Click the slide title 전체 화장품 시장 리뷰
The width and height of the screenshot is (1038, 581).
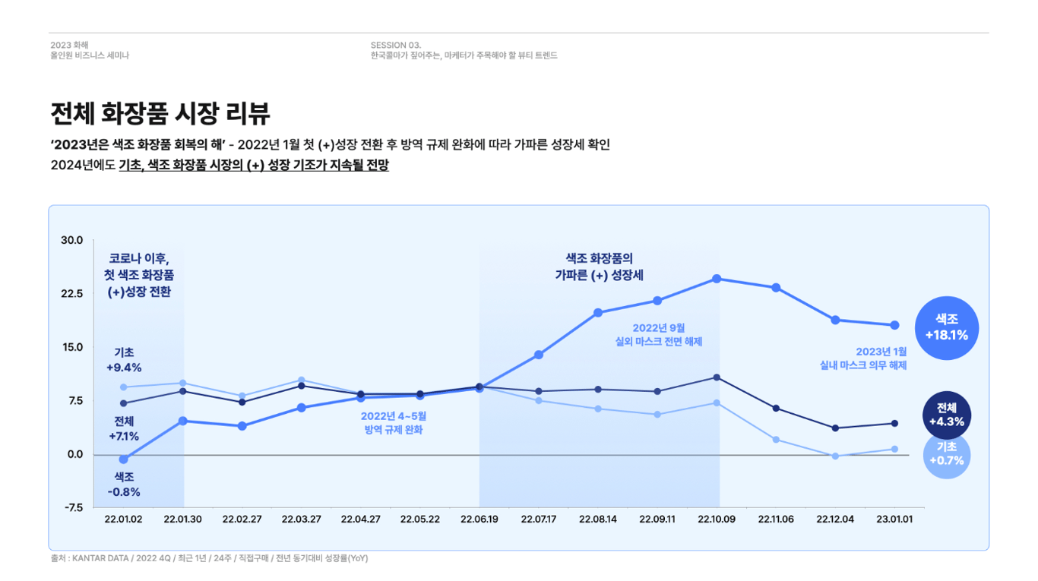pyautogui.click(x=160, y=114)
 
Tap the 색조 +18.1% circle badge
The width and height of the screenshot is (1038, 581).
pyautogui.click(x=946, y=327)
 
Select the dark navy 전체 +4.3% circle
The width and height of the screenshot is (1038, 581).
pyautogui.click(x=946, y=415)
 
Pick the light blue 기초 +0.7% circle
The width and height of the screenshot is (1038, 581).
pyautogui.click(x=946, y=454)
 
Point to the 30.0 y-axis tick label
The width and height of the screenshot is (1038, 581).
pyautogui.click(x=71, y=241)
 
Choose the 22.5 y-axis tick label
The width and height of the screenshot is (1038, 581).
pyautogui.click(x=71, y=294)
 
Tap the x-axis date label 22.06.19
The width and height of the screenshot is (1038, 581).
pyautogui.click(x=479, y=519)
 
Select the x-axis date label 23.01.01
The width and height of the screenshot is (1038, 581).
pyautogui.click(x=894, y=519)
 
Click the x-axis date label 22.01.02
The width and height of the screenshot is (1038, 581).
pyautogui.click(x=123, y=519)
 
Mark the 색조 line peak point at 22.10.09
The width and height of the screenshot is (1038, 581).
pyautogui.click(x=717, y=279)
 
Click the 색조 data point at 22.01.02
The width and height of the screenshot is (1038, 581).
pyautogui.click(x=124, y=459)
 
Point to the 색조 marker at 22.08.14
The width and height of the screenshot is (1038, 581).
pyautogui.click(x=598, y=313)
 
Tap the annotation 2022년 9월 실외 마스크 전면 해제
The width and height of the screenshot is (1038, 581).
pyautogui.click(x=658, y=334)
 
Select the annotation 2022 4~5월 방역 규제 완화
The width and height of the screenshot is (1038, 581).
pyautogui.click(x=393, y=423)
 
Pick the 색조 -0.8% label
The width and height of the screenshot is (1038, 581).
pyautogui.click(x=124, y=485)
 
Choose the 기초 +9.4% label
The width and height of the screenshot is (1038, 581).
pyautogui.click(x=124, y=360)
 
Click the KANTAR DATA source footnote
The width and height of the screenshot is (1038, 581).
pyautogui.click(x=209, y=558)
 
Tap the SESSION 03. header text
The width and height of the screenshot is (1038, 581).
pyautogui.click(x=396, y=45)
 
